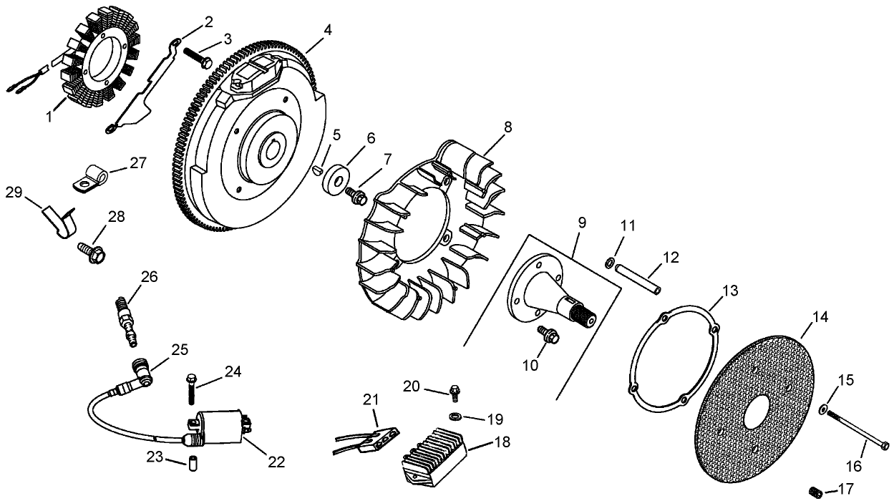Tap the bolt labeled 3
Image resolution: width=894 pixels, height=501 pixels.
coord(197,56)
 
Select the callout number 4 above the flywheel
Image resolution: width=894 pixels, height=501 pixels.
coord(327,30)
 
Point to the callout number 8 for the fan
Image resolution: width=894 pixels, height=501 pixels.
coord(507,127)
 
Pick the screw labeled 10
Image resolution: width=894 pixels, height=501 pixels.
coord(549,334)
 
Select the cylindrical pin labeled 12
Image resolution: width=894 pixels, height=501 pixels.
coord(638,280)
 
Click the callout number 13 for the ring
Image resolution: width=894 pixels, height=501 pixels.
coord(729,291)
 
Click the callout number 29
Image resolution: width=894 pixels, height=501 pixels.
coord(14,193)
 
